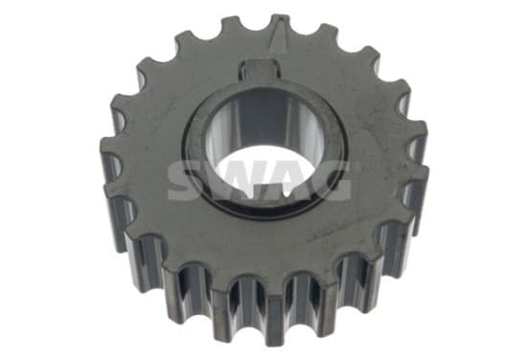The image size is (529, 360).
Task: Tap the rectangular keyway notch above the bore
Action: pyautogui.click(x=260, y=70)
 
